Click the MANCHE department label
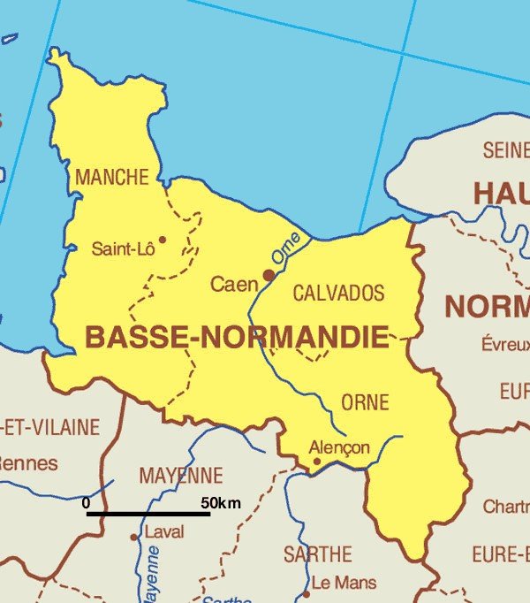tap(111, 177)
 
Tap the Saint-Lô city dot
tap(162, 239)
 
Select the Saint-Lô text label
tap(123, 249)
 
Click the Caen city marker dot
tap(269, 275)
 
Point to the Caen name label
tap(233, 284)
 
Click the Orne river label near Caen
tap(285, 249)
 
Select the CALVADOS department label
tap(338, 293)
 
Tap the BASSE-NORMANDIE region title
tap(236, 337)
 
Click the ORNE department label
tap(365, 403)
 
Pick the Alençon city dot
tap(317, 461)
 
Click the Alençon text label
tap(340, 447)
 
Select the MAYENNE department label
tap(181, 476)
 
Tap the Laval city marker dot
tap(134, 537)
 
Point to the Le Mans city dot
tap(307, 593)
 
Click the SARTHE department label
tap(317, 555)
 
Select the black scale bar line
tap(148, 514)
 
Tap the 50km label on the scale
tap(221, 503)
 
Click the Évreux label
tap(505, 344)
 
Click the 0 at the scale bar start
tap(86, 503)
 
